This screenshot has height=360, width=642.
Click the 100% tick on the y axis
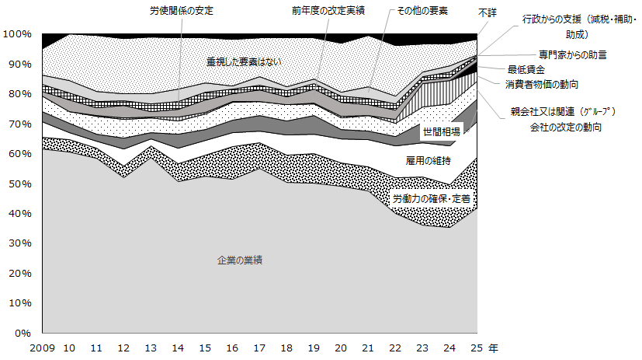(x=17, y=34)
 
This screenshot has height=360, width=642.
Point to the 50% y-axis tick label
(x=19, y=183)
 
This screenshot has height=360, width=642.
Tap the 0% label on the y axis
(x=23, y=333)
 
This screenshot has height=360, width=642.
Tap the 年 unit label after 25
(x=495, y=348)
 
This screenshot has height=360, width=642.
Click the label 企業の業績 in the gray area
(x=239, y=260)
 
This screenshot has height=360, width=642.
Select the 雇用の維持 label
(x=426, y=161)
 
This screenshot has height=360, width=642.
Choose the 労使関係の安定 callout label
(x=182, y=11)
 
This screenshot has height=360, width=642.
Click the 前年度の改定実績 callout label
(x=329, y=11)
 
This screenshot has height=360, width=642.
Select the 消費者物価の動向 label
(x=541, y=83)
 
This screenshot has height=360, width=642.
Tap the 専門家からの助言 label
(x=572, y=54)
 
